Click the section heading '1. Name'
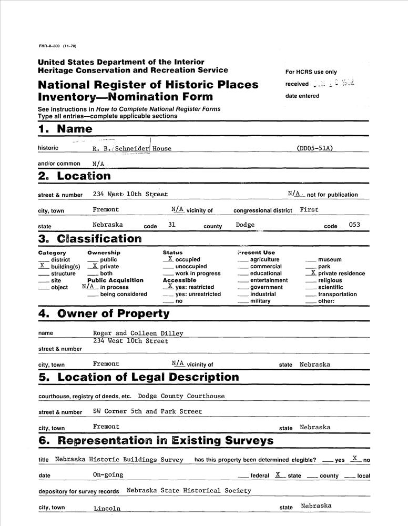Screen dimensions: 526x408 65,129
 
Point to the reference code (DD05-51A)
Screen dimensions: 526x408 315,148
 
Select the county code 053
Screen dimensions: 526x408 355,225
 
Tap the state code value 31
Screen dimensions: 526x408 171,225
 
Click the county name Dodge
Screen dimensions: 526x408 246,225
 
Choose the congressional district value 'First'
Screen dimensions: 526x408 309,209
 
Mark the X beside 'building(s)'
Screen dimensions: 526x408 43,266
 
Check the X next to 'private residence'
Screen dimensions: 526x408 313,272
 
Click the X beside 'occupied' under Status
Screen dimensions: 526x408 170,259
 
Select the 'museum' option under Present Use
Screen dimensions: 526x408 330,259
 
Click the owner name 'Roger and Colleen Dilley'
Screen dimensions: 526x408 138,333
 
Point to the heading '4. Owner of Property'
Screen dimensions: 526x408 104,314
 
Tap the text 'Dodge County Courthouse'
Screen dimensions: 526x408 181,396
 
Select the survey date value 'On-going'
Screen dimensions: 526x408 108,474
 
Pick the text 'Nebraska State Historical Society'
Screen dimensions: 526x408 189,491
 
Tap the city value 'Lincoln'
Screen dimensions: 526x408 107,509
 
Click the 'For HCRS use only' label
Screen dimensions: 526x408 311,72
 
